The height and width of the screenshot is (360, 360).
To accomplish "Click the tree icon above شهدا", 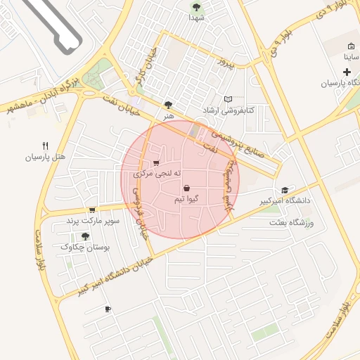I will pyautogui.click(x=196, y=7).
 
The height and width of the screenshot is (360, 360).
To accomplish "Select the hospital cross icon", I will pyautogui.click(x=347, y=72).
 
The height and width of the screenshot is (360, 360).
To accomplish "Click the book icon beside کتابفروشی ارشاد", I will pyautogui.click(x=227, y=99).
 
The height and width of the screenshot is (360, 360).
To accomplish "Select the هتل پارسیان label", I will pyautogui.click(x=45, y=157).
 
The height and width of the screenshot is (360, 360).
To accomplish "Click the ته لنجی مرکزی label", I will pyautogui.click(x=158, y=173).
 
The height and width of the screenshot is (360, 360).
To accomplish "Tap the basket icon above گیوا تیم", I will pyautogui.click(x=186, y=188).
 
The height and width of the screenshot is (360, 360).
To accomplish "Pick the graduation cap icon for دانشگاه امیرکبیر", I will pyautogui.click(x=285, y=190).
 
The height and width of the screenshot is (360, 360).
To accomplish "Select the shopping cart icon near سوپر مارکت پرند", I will pyautogui.click(x=92, y=210).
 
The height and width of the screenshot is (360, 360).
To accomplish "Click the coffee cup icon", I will pyautogui.click(x=108, y=309).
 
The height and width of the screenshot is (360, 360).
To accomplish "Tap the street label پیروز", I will pyautogui.click(x=224, y=63).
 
